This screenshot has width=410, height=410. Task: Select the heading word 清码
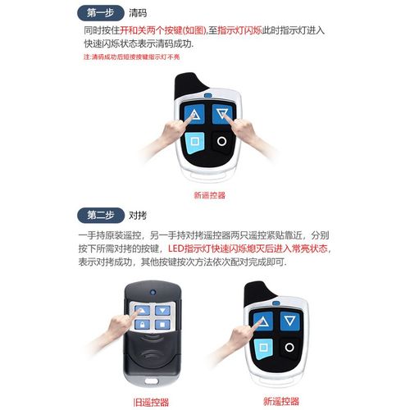coord(139,12)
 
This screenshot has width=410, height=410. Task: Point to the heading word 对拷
coord(139,216)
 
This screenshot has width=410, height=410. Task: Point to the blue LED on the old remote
coord(153,292)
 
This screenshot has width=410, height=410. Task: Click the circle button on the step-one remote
coord(221,140)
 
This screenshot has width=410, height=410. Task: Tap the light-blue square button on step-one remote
coord(195,141)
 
